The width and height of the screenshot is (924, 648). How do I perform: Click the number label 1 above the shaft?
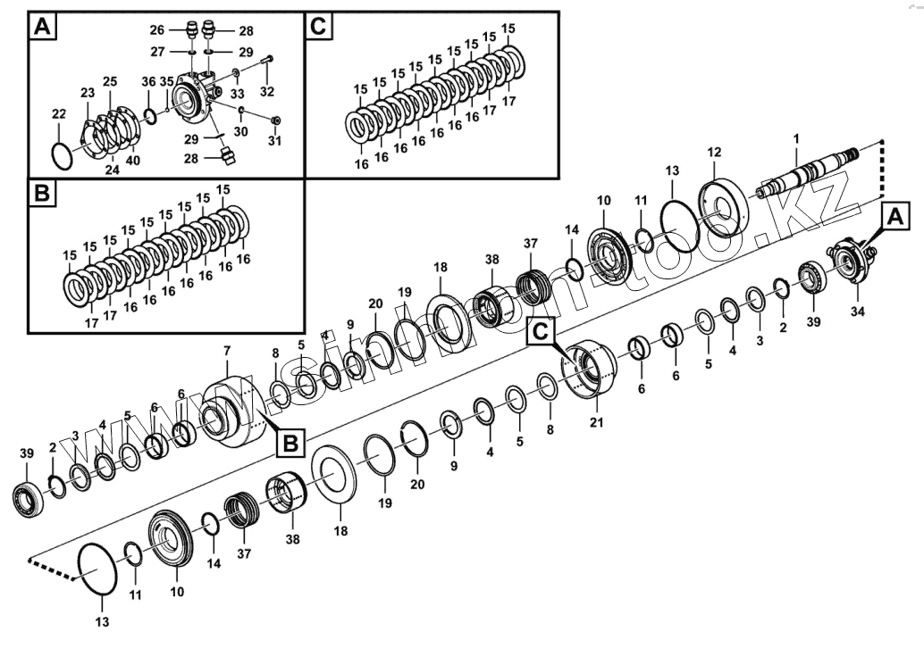[x=796, y=137]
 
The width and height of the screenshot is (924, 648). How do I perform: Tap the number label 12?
[x=714, y=154]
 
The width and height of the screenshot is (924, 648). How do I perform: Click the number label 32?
[x=267, y=91]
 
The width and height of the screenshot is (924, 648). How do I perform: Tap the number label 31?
[x=274, y=140]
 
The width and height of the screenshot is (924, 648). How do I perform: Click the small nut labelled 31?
[x=274, y=120]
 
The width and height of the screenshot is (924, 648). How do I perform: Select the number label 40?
[x=132, y=161]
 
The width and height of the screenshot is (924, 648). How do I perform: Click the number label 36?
[x=148, y=81]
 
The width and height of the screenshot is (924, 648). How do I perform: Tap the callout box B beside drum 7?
[x=290, y=441]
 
